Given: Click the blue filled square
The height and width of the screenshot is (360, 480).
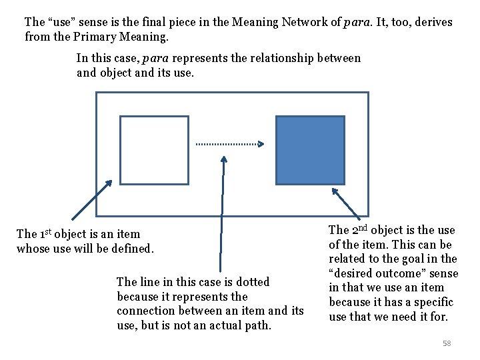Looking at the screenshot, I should (310, 150).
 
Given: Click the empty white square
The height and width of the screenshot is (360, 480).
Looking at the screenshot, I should (154, 150).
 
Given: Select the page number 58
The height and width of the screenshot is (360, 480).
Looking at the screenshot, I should (447, 343).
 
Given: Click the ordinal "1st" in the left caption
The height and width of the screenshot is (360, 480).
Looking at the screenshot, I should (45, 233).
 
